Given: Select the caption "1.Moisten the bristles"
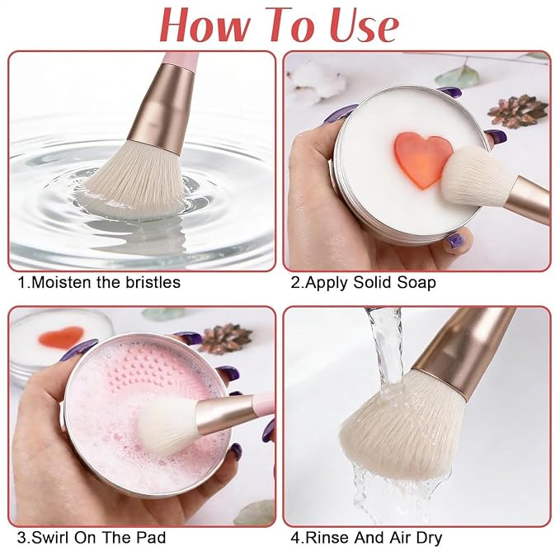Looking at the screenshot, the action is point(99,282).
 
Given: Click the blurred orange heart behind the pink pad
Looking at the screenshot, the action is point(61,336).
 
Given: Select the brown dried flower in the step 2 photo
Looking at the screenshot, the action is point(518,111).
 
